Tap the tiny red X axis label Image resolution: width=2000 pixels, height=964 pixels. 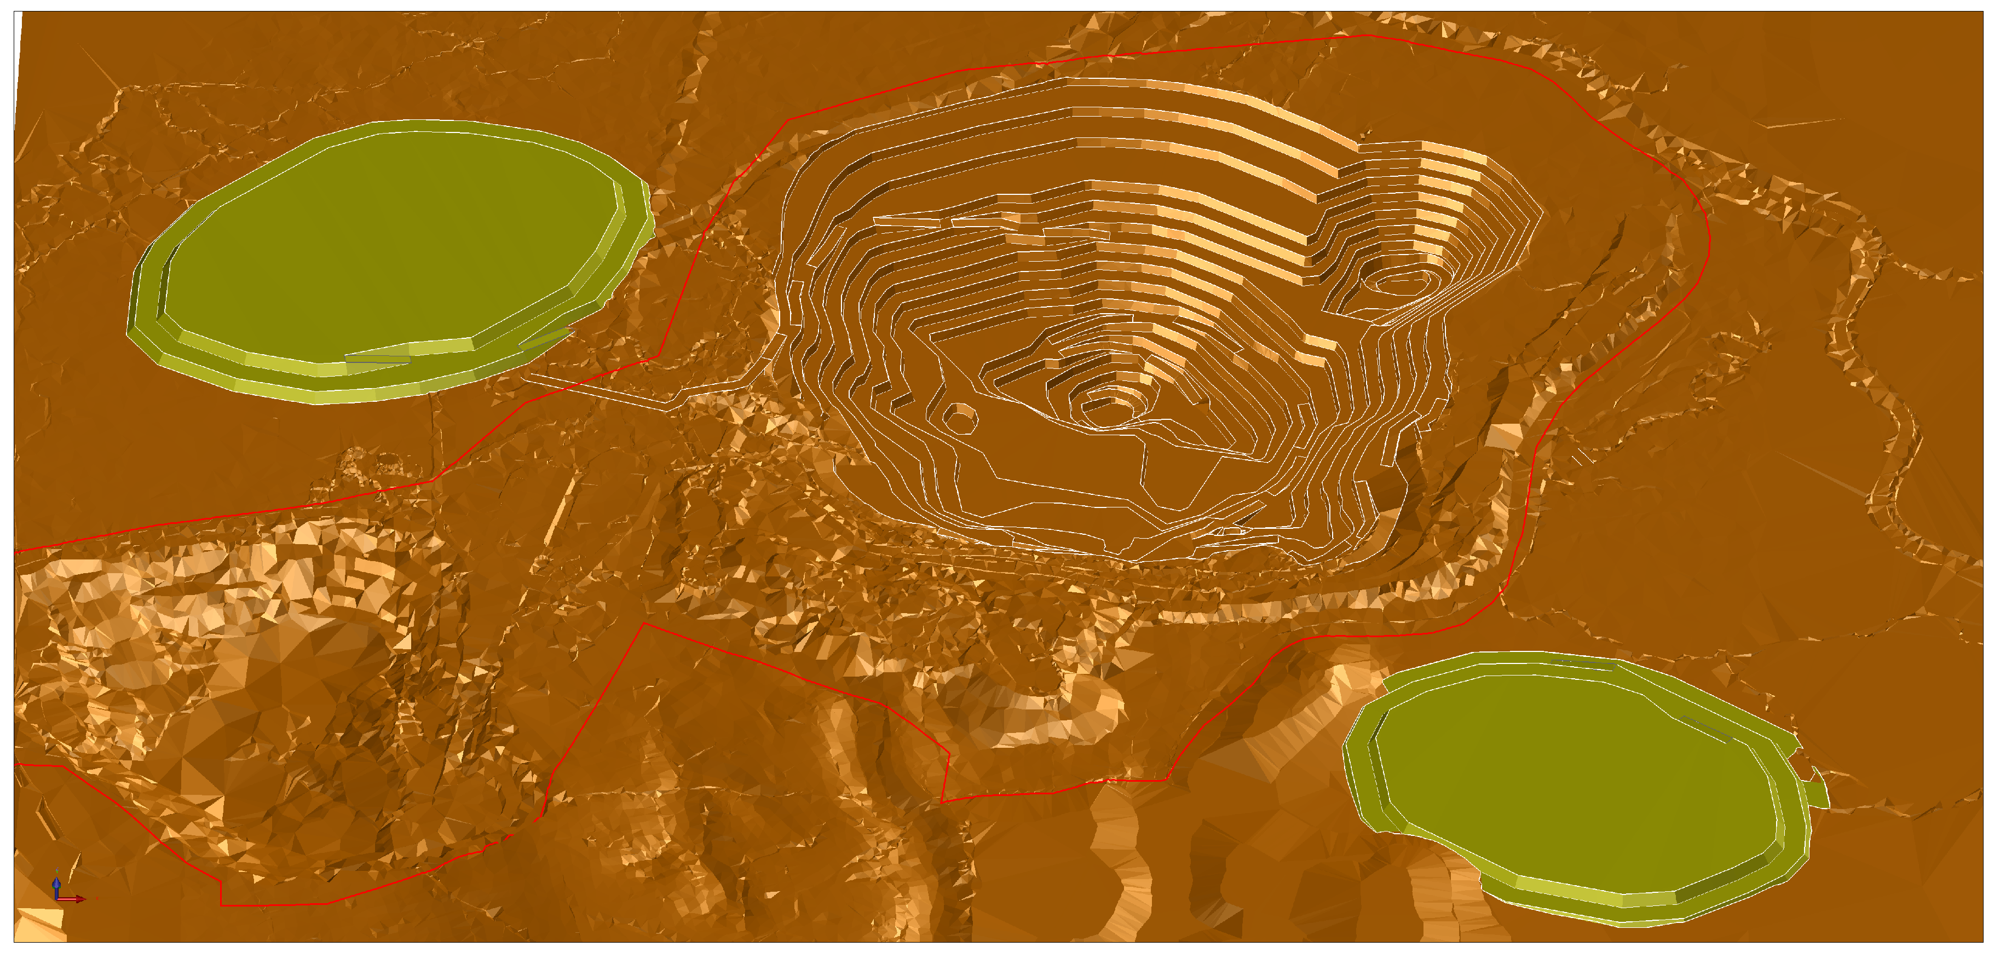point(96,899)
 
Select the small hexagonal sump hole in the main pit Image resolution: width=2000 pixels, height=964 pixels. point(960,418)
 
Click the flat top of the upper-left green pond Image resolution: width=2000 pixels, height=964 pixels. point(388,241)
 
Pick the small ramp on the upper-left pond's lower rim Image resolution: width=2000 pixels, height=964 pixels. point(378,358)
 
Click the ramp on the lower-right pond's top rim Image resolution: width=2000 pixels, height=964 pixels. point(1584,663)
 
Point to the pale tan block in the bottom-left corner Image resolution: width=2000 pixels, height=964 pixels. point(39,923)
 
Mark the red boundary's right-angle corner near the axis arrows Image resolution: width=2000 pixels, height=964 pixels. point(221,904)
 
